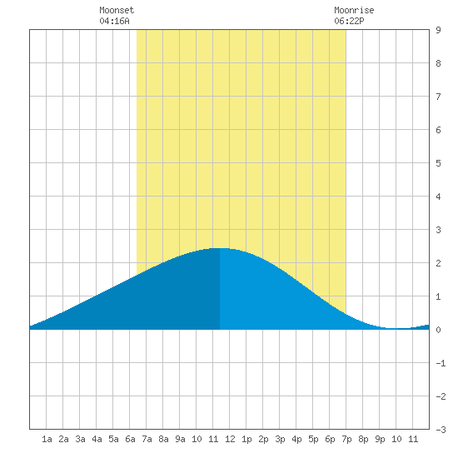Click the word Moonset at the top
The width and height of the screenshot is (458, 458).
point(117,10)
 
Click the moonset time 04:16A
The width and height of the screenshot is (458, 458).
point(114,21)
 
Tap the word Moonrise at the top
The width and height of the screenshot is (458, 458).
point(354,10)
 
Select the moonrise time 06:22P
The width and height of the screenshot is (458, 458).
point(349,21)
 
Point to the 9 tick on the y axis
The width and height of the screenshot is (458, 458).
point(438,30)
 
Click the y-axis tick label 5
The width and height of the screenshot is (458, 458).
point(438,163)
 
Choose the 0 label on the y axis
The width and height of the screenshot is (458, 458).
point(438,330)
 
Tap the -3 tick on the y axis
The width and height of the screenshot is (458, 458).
point(441,430)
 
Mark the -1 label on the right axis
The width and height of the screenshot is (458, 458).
point(441,363)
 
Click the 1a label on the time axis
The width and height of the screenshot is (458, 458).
point(47,439)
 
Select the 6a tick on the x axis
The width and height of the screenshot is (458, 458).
point(130,439)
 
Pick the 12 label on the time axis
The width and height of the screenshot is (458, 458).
point(230,439)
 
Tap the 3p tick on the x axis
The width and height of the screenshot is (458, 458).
point(280,439)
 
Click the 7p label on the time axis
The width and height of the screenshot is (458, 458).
point(346,439)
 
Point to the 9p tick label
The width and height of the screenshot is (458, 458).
point(380,439)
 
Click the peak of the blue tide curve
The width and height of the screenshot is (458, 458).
point(220,248)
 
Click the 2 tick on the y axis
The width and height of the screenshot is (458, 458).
point(438,263)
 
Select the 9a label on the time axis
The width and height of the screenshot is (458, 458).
point(180,439)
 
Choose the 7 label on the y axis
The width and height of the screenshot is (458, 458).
point(438,97)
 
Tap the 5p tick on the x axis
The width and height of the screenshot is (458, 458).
point(313,439)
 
